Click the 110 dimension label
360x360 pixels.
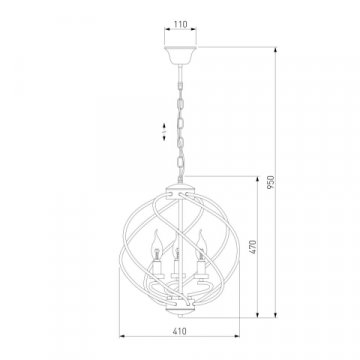tap(180, 24)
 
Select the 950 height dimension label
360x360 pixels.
tap(271, 182)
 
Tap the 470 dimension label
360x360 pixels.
tap(253, 247)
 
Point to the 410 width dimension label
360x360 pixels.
tap(180, 331)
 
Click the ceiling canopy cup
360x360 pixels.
tap(180, 55)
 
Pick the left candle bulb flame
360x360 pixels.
tap(156, 245)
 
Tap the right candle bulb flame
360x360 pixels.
tap(201, 244)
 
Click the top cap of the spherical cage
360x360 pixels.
tap(180, 190)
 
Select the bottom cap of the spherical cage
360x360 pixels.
tap(180, 308)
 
